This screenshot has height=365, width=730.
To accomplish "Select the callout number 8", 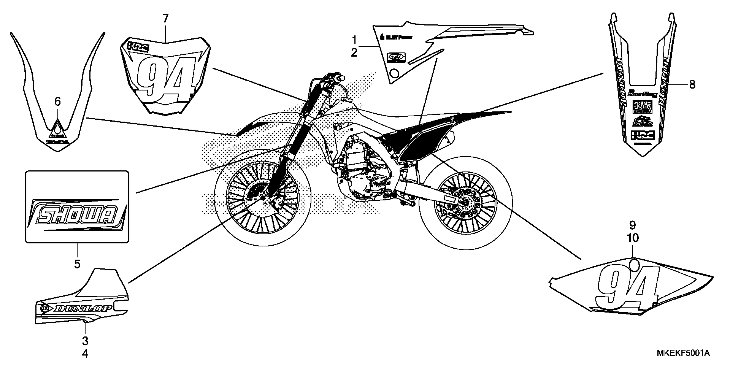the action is (x=692, y=84).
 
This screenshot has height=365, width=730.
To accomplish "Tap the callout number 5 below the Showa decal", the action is (x=77, y=264).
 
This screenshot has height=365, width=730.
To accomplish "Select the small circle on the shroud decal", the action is (x=394, y=74).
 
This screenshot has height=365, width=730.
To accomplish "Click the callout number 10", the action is (x=633, y=238).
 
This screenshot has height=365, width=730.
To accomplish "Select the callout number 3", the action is (x=85, y=341).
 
